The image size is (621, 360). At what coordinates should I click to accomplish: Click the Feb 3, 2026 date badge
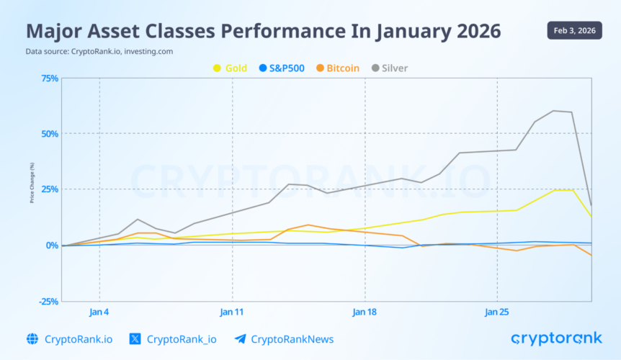coord(573,30)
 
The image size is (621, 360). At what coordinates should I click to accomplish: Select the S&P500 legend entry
coord(282,68)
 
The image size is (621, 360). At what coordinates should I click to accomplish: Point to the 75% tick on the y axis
coord(50,78)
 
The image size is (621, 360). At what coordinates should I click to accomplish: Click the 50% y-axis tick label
coord(50,134)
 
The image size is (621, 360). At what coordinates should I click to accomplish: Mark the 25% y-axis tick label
coord(50,189)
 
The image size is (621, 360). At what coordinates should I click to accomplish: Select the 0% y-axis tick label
coord(52,246)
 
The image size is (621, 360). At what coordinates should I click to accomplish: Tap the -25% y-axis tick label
coord(48,301)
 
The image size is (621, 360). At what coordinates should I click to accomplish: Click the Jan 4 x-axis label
coord(99,312)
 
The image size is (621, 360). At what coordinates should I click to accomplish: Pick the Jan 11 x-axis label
coord(232,312)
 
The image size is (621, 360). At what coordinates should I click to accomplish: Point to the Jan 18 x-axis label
coord(365,312)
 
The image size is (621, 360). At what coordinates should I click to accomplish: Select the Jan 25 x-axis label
coord(497,312)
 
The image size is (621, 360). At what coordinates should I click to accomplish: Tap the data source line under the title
coord(99,51)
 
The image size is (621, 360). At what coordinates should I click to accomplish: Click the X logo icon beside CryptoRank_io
coord(135,339)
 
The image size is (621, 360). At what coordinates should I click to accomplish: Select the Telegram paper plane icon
coord(240,339)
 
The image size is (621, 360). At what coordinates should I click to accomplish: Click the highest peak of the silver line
coord(554,111)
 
